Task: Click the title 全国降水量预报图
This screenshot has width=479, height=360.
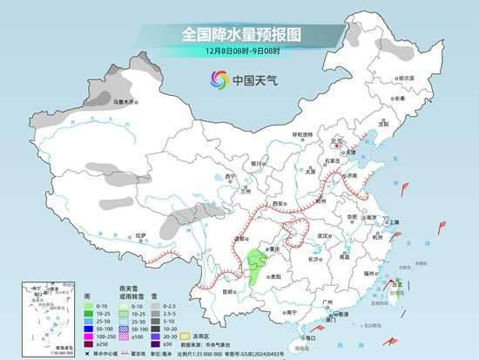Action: pos(240,34)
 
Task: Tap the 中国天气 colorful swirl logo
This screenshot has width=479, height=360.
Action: pos(219,81)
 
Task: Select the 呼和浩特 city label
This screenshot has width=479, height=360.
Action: pos(301,134)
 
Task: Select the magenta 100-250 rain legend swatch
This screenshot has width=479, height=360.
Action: pos(89,335)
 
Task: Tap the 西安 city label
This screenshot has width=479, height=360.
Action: pos(278,203)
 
